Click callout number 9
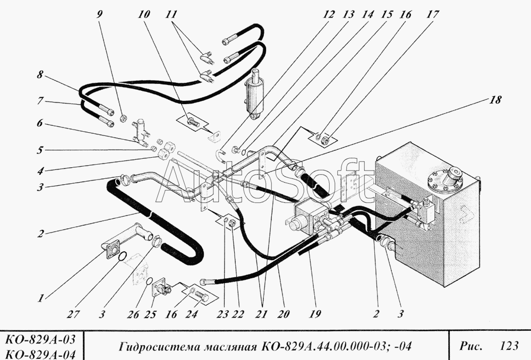tap(99, 14)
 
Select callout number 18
tap(494, 99)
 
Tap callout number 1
tap(40, 298)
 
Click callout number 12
tap(329, 14)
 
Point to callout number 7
tap(40, 99)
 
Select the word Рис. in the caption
tap(471, 347)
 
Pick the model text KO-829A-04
tap(40, 353)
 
